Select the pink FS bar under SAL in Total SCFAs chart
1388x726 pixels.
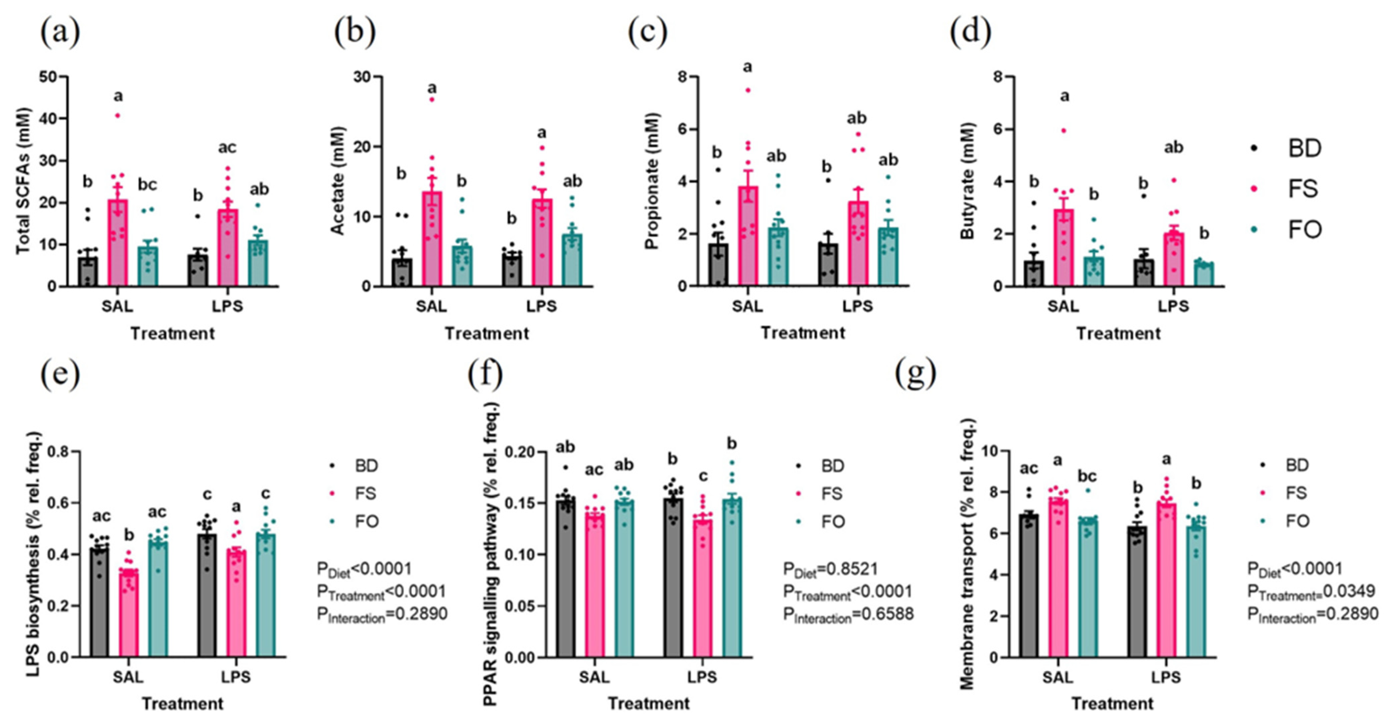pyautogui.click(x=117, y=242)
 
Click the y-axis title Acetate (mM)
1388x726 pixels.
pyautogui.click(x=338, y=181)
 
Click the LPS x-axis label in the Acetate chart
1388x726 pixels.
pyautogui.click(x=542, y=306)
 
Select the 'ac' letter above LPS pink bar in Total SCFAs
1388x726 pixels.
pyautogui.click(x=227, y=147)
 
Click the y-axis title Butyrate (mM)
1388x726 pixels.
pyautogui.click(x=968, y=181)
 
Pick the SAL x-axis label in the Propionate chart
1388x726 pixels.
pyautogui.click(x=747, y=306)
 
